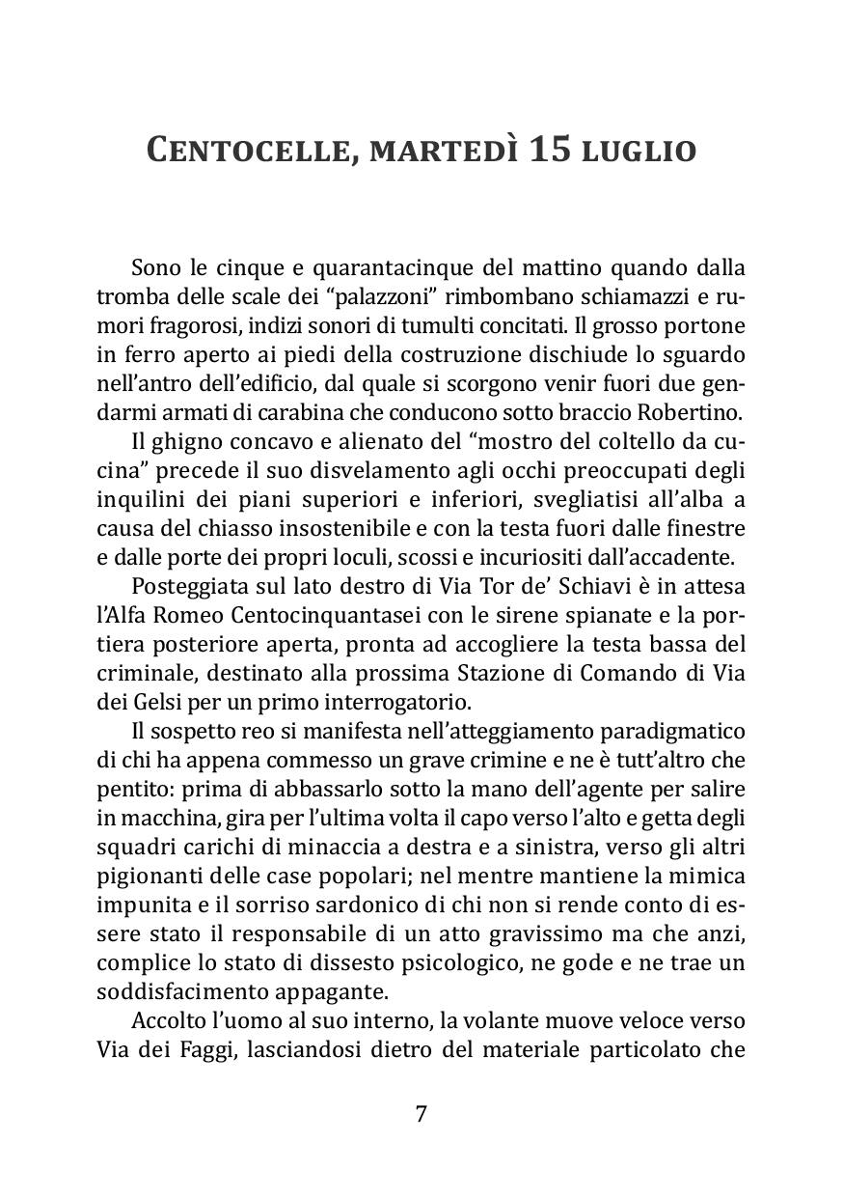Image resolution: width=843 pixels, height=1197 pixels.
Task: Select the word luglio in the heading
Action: point(639,152)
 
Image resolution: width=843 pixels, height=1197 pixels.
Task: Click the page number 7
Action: point(421,1114)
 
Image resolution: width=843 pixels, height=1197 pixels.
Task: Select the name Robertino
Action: point(692,414)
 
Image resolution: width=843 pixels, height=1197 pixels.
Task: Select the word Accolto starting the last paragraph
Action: point(165,1020)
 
